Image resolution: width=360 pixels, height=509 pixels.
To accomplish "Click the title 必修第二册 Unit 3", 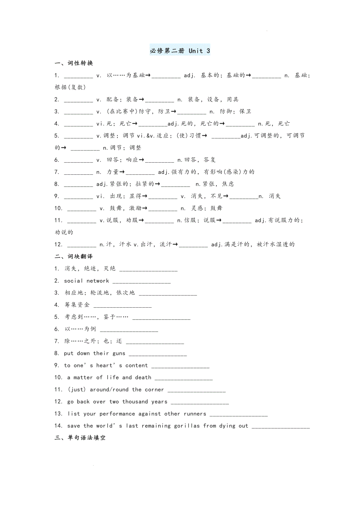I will point(180,51).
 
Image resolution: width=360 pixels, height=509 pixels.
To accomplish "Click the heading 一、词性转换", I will point(74,63).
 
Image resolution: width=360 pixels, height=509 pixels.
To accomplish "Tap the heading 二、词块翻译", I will point(74,256).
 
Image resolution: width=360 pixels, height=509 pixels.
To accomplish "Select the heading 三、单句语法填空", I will point(80,438).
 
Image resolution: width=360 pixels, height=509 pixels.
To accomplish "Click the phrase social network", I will point(86,281).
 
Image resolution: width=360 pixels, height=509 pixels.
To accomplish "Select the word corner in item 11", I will point(155,390).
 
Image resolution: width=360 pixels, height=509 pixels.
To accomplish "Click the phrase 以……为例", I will point(80,329).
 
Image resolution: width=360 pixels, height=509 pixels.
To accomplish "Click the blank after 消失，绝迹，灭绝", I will point(148,269).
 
